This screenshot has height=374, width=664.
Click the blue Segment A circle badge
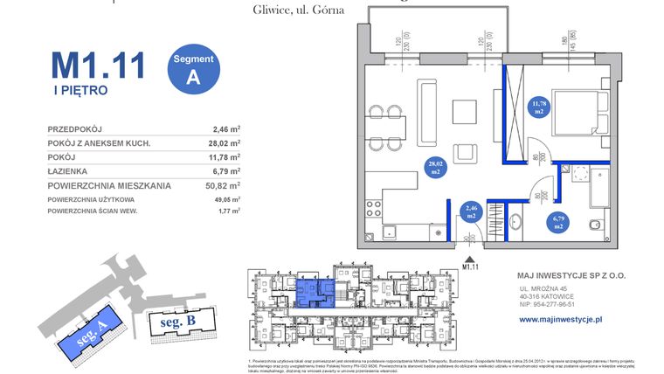[x=191, y=66]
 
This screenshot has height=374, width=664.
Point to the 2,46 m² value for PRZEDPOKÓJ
[x=226, y=128]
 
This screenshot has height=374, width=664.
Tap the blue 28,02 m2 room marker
[x=434, y=168]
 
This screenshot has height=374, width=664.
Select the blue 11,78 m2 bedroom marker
[x=538, y=108]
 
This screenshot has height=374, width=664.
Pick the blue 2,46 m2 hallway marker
[x=471, y=211]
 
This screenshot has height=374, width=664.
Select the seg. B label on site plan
[x=177, y=321]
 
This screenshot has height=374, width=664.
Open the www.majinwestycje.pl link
[x=572, y=320]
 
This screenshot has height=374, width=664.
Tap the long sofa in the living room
[x=427, y=111]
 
